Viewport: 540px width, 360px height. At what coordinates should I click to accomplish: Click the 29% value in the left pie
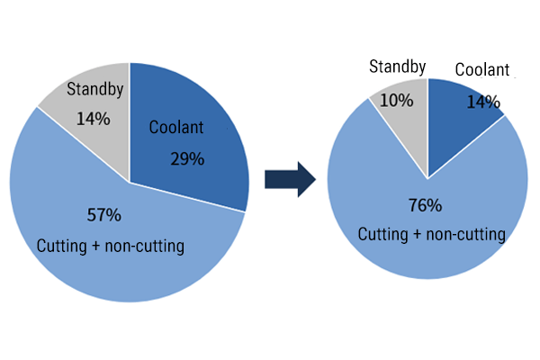(187, 159)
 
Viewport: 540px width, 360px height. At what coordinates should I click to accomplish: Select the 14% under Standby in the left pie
(94, 118)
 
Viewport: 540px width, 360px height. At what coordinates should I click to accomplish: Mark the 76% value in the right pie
(425, 205)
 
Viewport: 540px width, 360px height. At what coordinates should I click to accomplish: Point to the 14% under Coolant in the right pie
(482, 102)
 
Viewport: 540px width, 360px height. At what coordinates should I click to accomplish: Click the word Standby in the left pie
(94, 90)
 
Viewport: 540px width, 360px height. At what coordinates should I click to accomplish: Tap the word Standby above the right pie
(398, 67)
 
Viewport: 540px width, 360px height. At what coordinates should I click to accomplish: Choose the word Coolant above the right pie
(481, 70)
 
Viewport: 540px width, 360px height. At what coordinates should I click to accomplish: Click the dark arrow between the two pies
(289, 180)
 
